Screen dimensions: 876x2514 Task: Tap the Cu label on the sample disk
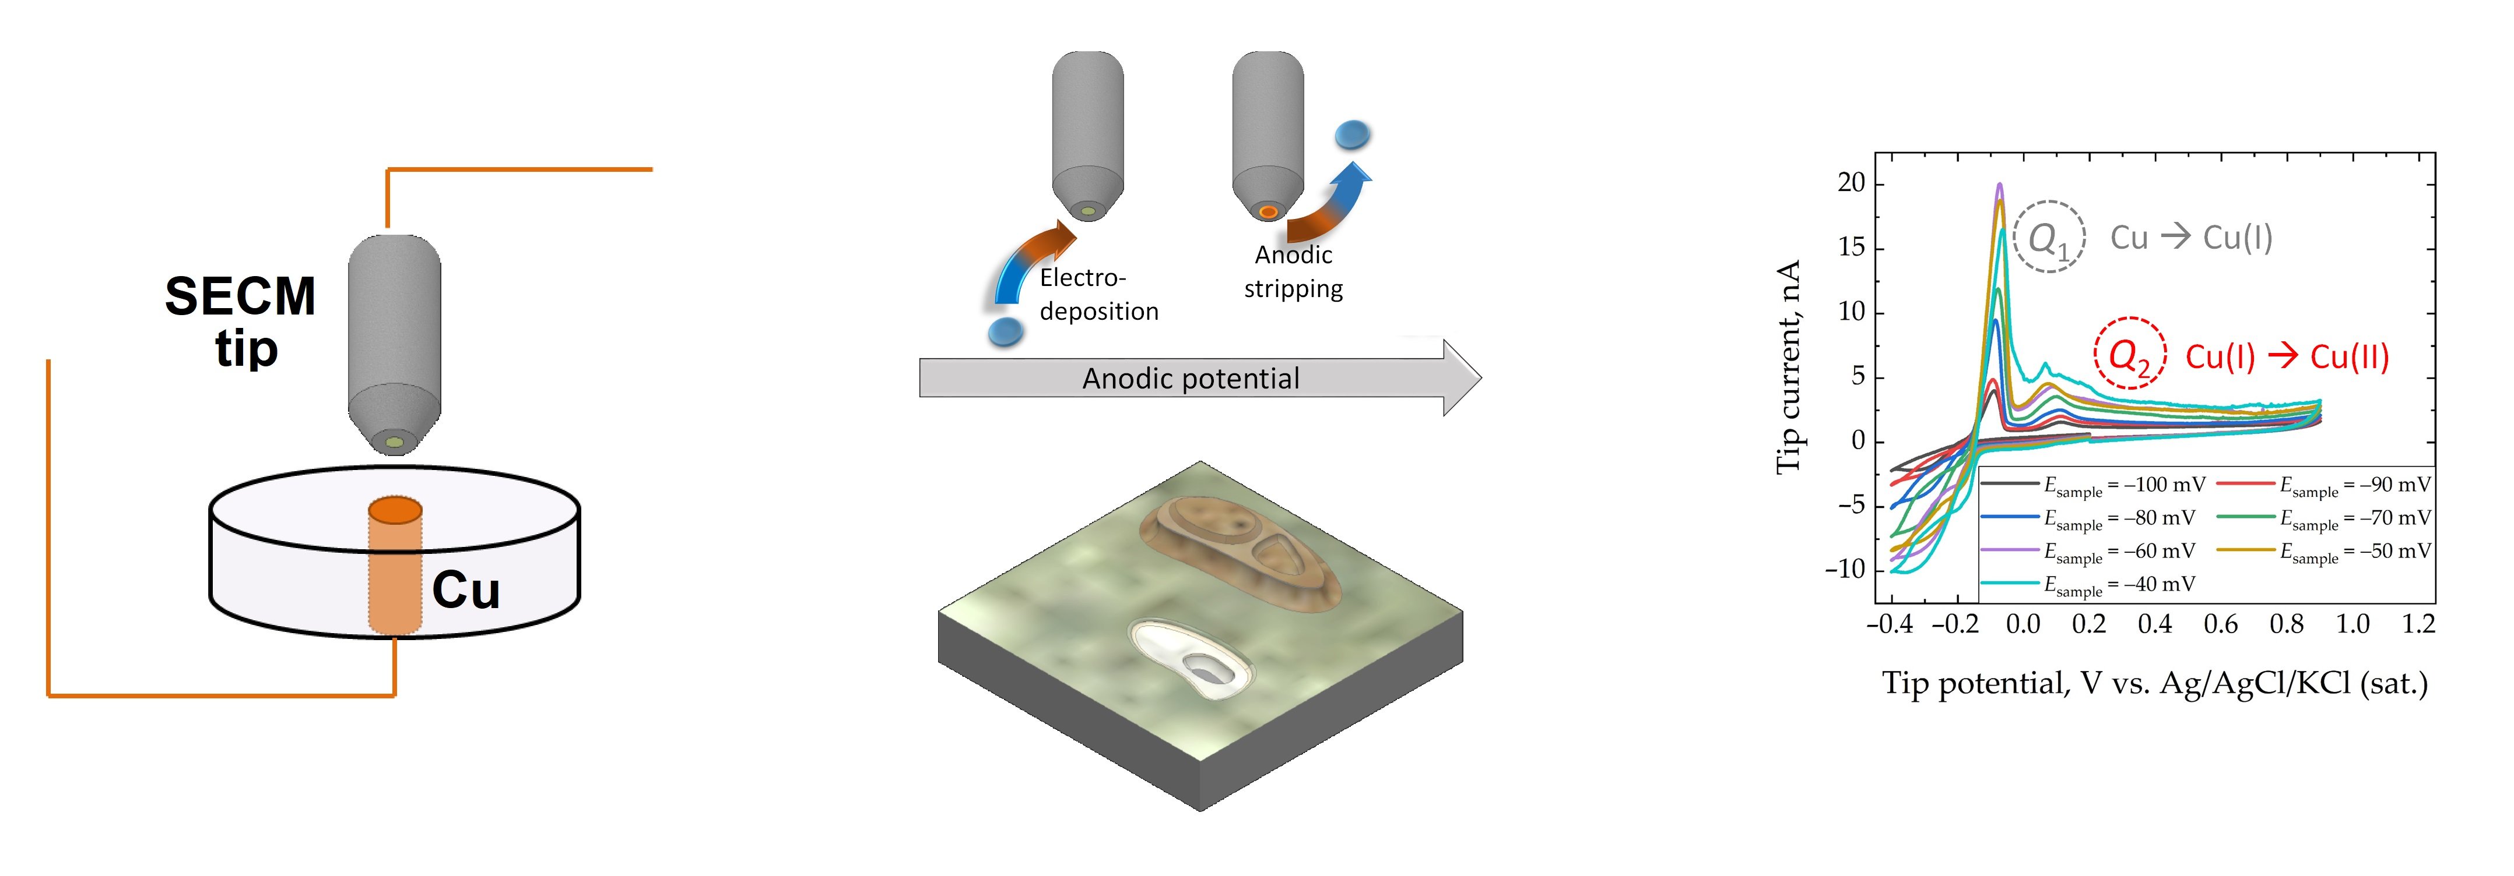point(465,590)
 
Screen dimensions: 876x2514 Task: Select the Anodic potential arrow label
point(1191,379)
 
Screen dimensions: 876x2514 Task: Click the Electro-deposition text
point(1098,295)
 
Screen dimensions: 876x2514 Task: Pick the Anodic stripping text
point(1293,272)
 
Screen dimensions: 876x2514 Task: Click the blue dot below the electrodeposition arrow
point(1005,331)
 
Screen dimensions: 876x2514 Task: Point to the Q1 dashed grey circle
point(2049,237)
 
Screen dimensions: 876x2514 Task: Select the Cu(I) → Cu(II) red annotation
point(2287,357)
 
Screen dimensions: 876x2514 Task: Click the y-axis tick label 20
point(1851,183)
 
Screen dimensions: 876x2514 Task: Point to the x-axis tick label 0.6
point(2220,624)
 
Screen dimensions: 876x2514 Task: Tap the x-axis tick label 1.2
point(2418,624)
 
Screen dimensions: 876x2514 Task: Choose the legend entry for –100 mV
point(2094,485)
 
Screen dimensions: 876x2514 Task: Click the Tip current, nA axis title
point(1788,367)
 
